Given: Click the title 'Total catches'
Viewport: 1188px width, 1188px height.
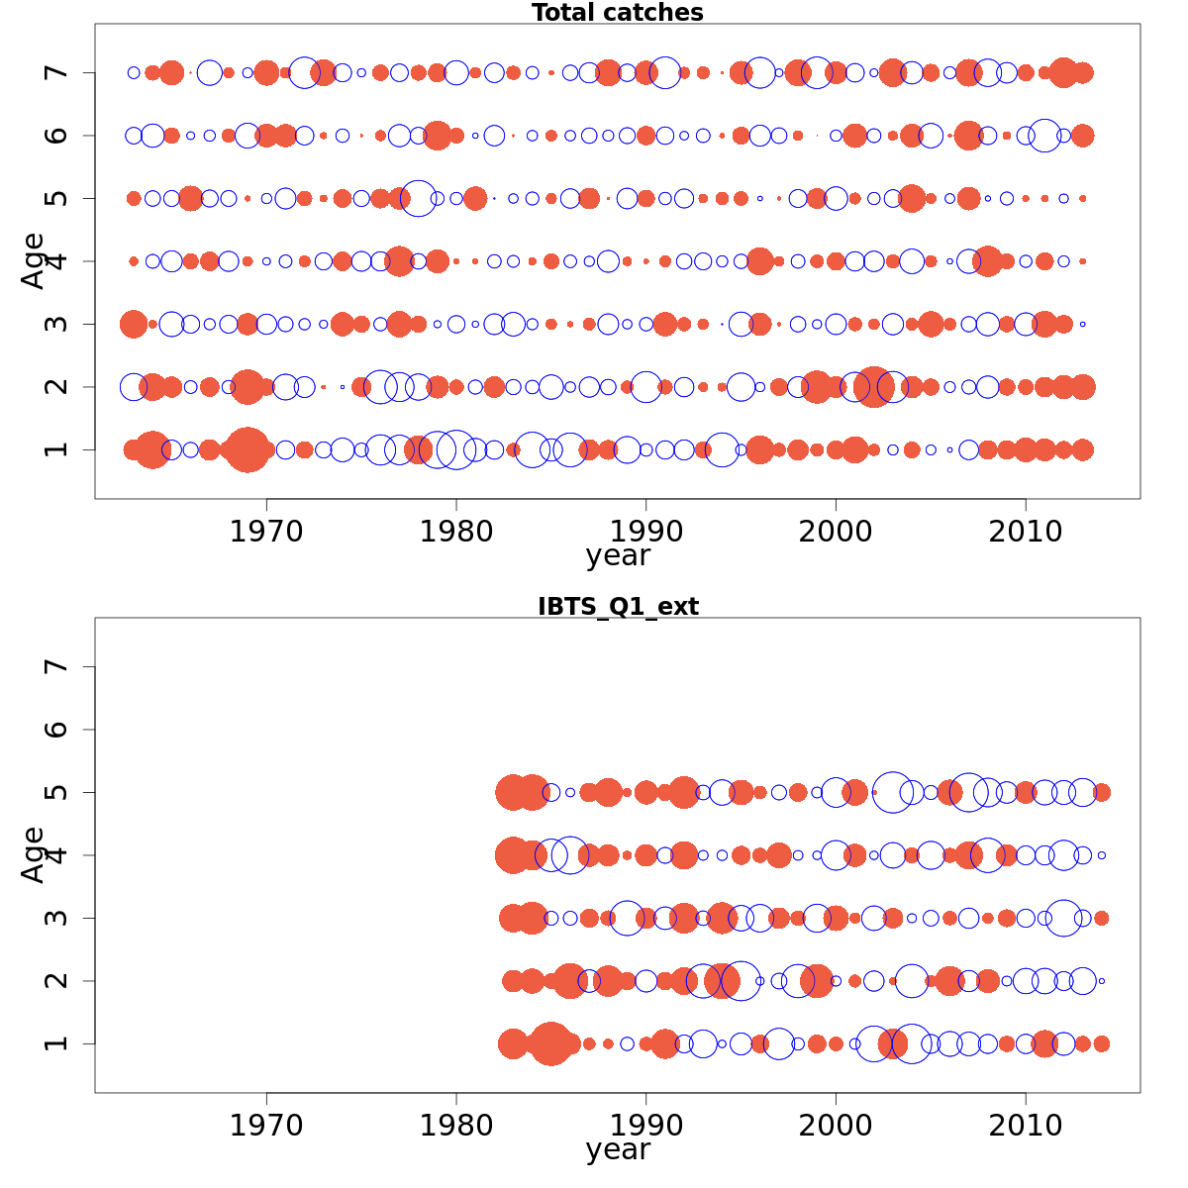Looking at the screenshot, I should point(617,13).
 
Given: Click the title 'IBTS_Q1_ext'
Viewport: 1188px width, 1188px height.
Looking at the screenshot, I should point(617,607).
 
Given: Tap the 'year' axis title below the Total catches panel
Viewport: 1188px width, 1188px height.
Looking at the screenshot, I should point(617,555).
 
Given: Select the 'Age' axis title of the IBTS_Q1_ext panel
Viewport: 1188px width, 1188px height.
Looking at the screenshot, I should point(33,854).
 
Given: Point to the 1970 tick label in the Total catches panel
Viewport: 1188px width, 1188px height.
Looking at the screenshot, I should point(266,532).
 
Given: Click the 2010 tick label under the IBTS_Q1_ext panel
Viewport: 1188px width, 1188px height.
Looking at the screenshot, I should point(1025,1126).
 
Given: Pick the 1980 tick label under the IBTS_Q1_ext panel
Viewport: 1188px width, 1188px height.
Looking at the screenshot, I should point(456,1126).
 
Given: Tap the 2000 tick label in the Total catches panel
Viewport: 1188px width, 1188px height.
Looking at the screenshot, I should point(836,532).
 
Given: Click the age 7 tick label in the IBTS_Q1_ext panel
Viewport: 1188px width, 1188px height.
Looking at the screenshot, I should point(57,666).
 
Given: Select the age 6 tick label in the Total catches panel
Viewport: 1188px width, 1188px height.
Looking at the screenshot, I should point(57,136).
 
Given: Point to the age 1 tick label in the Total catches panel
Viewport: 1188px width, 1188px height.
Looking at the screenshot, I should point(57,449).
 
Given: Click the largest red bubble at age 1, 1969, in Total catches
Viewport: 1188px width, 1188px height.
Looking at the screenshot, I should point(247,450).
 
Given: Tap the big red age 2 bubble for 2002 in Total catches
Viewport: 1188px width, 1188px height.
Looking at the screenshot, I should point(873,387).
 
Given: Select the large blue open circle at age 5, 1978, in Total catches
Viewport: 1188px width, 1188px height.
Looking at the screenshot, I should point(418,198).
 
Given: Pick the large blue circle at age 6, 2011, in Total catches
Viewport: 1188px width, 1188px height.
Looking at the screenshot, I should point(1044,136).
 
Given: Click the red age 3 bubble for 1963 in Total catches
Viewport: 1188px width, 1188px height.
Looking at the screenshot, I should point(134,324).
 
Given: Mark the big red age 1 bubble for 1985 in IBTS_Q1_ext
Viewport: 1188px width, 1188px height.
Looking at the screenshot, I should point(550,1043).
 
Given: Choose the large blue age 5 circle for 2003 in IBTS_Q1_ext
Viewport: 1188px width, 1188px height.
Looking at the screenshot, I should point(893,792).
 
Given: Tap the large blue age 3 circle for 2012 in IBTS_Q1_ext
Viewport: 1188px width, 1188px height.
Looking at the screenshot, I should point(1063,918).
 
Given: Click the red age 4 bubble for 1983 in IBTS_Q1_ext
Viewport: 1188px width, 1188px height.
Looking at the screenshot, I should point(513,855).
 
